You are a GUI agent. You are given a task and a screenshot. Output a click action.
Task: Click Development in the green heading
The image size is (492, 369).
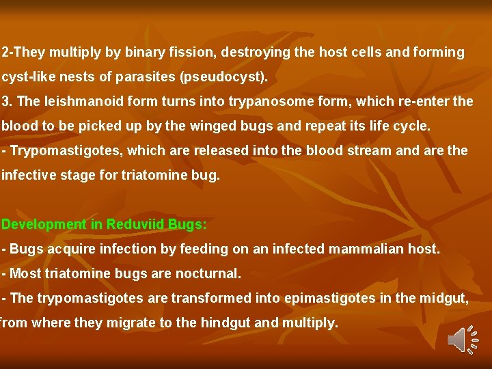pos(44,224)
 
